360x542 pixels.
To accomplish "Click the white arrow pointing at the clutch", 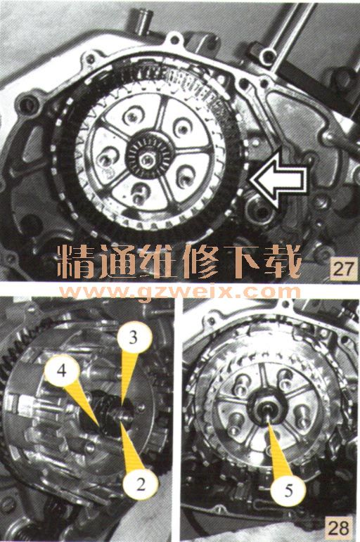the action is coord(278,180).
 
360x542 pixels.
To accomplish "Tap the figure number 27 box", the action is coord(343,269).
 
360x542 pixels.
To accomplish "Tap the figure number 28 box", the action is coord(339,527).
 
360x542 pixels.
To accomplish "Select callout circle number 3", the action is coord(134,337).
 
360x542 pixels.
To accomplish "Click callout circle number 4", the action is coord(62,371).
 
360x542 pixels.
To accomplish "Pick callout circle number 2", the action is coord(141,484).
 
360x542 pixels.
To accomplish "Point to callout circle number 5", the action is coord(288,489).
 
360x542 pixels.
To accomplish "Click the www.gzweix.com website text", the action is coord(180,292).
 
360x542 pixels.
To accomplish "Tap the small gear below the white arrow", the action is coord(262,209).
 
